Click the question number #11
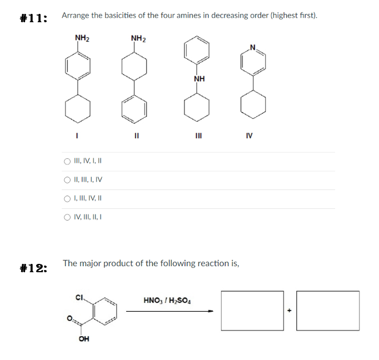coord(33,18)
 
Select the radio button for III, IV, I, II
coord(67,162)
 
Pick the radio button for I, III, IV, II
coord(67,198)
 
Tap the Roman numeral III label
coord(198,134)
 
